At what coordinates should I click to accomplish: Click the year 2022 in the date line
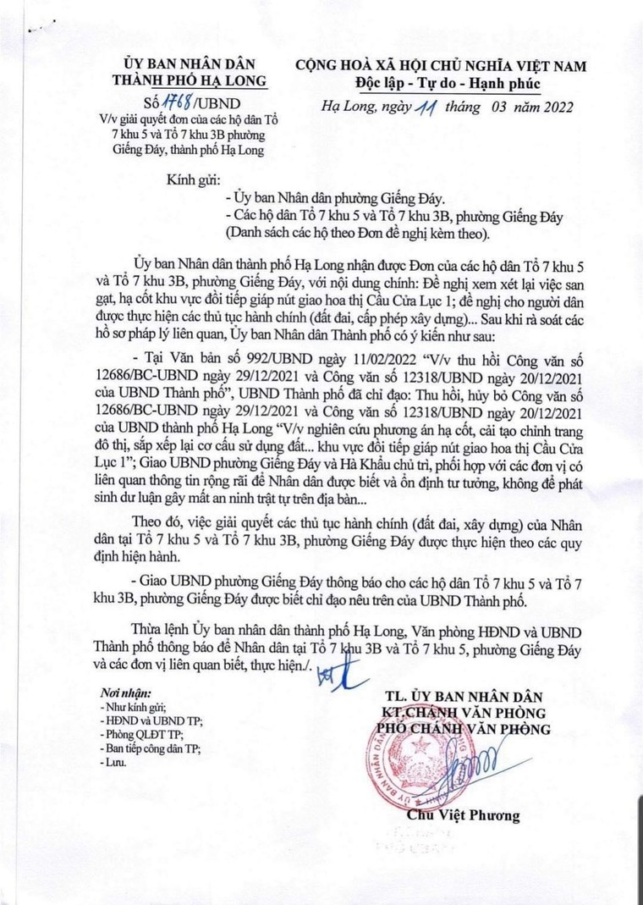(x=552, y=108)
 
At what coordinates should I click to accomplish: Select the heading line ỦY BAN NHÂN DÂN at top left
(x=190, y=64)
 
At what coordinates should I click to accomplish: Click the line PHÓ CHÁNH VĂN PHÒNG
(x=464, y=729)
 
